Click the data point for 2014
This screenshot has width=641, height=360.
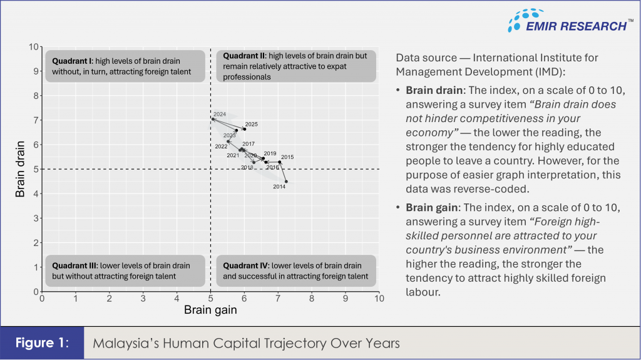point(286,182)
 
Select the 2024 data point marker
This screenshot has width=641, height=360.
point(213,119)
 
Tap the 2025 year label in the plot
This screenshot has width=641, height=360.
point(251,125)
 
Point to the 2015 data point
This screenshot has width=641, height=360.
point(279,162)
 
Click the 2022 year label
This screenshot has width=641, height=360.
point(221,147)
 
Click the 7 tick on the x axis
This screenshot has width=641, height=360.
point(278,299)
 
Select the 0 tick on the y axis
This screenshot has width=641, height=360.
point(36,291)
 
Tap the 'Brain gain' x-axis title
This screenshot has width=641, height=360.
point(210,310)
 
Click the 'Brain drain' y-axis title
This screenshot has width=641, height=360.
point(21,169)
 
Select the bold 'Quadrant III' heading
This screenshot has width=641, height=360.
point(74,265)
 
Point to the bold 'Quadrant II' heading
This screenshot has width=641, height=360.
point(245,56)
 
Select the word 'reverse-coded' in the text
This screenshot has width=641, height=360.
point(485,188)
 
